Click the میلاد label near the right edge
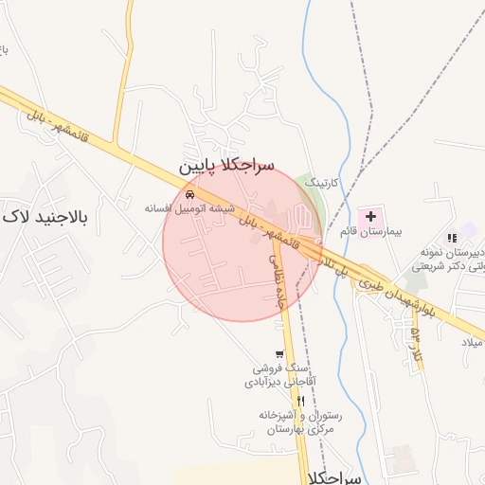[472, 341]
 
